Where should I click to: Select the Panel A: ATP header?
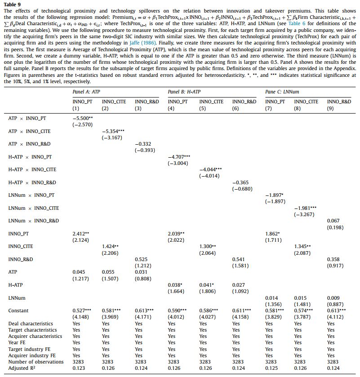pyautogui.click(x=87, y=92)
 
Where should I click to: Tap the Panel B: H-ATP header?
pyautogui.click(x=184, y=92)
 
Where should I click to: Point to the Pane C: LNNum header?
pyautogui.click(x=282, y=92)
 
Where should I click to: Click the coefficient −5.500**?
pyautogui.click(x=83, y=118)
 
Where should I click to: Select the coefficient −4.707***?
pyautogui.click(x=179, y=157)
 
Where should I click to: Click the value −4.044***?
pyautogui.click(x=210, y=170)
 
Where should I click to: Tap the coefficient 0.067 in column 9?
pyautogui.click(x=333, y=221)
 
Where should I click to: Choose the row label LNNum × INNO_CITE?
pyautogui.click(x=34, y=208)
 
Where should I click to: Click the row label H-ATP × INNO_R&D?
pyautogui.click(x=32, y=183)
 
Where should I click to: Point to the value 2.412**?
pyautogui.click(x=81, y=234)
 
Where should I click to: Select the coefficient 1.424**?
pyautogui.click(x=110, y=247)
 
